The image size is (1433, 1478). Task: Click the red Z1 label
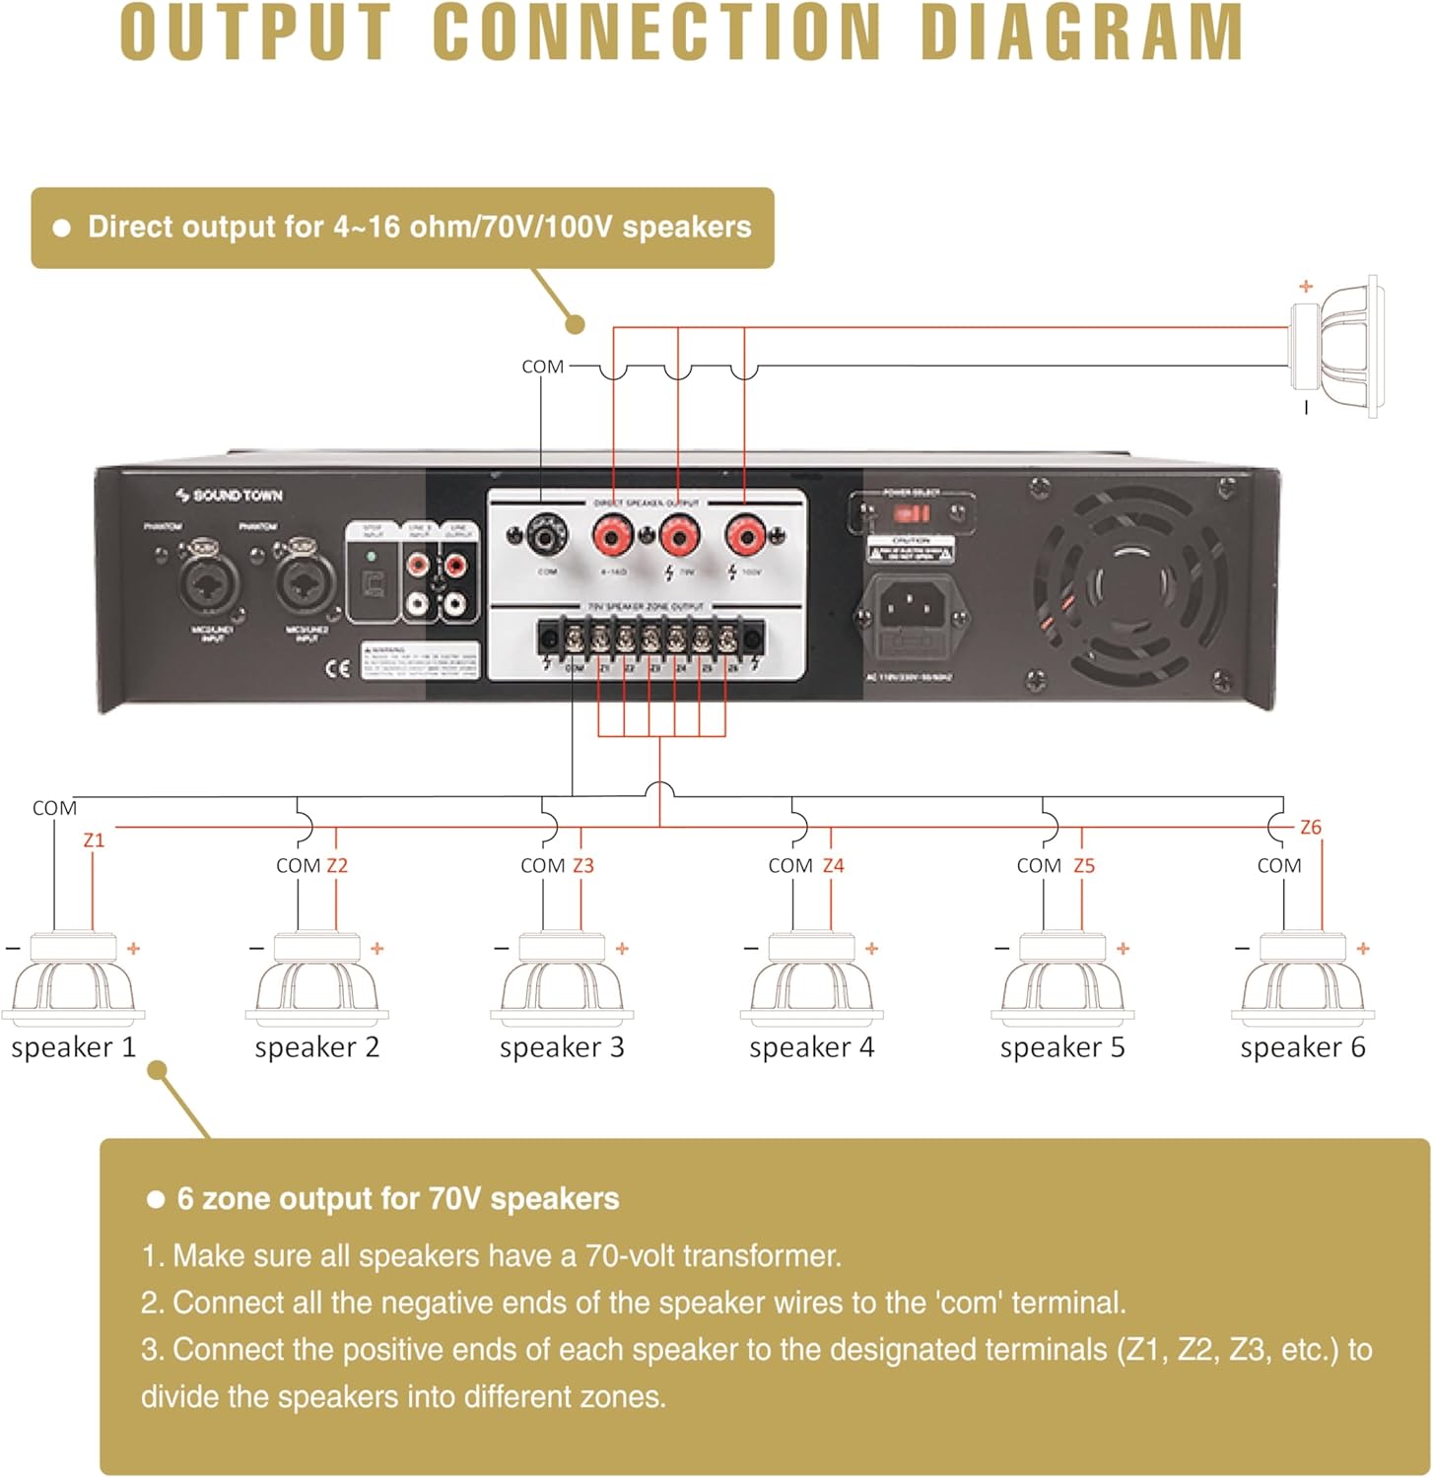[x=94, y=840]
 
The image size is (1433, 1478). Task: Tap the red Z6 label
[x=1310, y=828]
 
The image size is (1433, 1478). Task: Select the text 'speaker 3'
[x=562, y=1047]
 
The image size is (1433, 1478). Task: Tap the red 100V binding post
[x=745, y=537]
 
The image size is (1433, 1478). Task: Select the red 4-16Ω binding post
[x=612, y=537]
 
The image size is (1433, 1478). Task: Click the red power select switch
[x=912, y=513]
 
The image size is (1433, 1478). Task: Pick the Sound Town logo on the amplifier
[x=230, y=496]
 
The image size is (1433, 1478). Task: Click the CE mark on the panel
[x=337, y=669]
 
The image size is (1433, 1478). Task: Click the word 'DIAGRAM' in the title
[x=1081, y=34]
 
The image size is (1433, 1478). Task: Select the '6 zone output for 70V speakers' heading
[x=397, y=1199]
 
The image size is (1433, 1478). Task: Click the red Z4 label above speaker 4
[x=833, y=866]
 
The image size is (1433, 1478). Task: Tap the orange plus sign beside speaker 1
[x=133, y=949]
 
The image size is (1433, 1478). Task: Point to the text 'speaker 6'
[x=1302, y=1047]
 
